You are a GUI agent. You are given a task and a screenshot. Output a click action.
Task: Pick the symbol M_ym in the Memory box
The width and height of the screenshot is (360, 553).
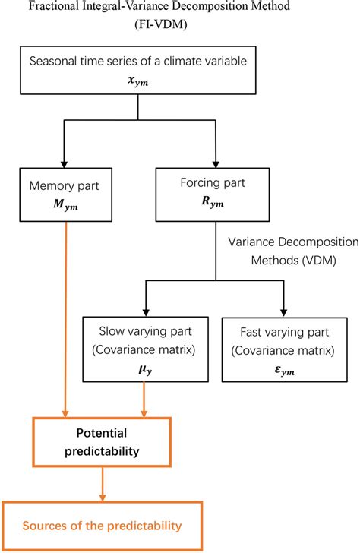[x=58, y=204]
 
